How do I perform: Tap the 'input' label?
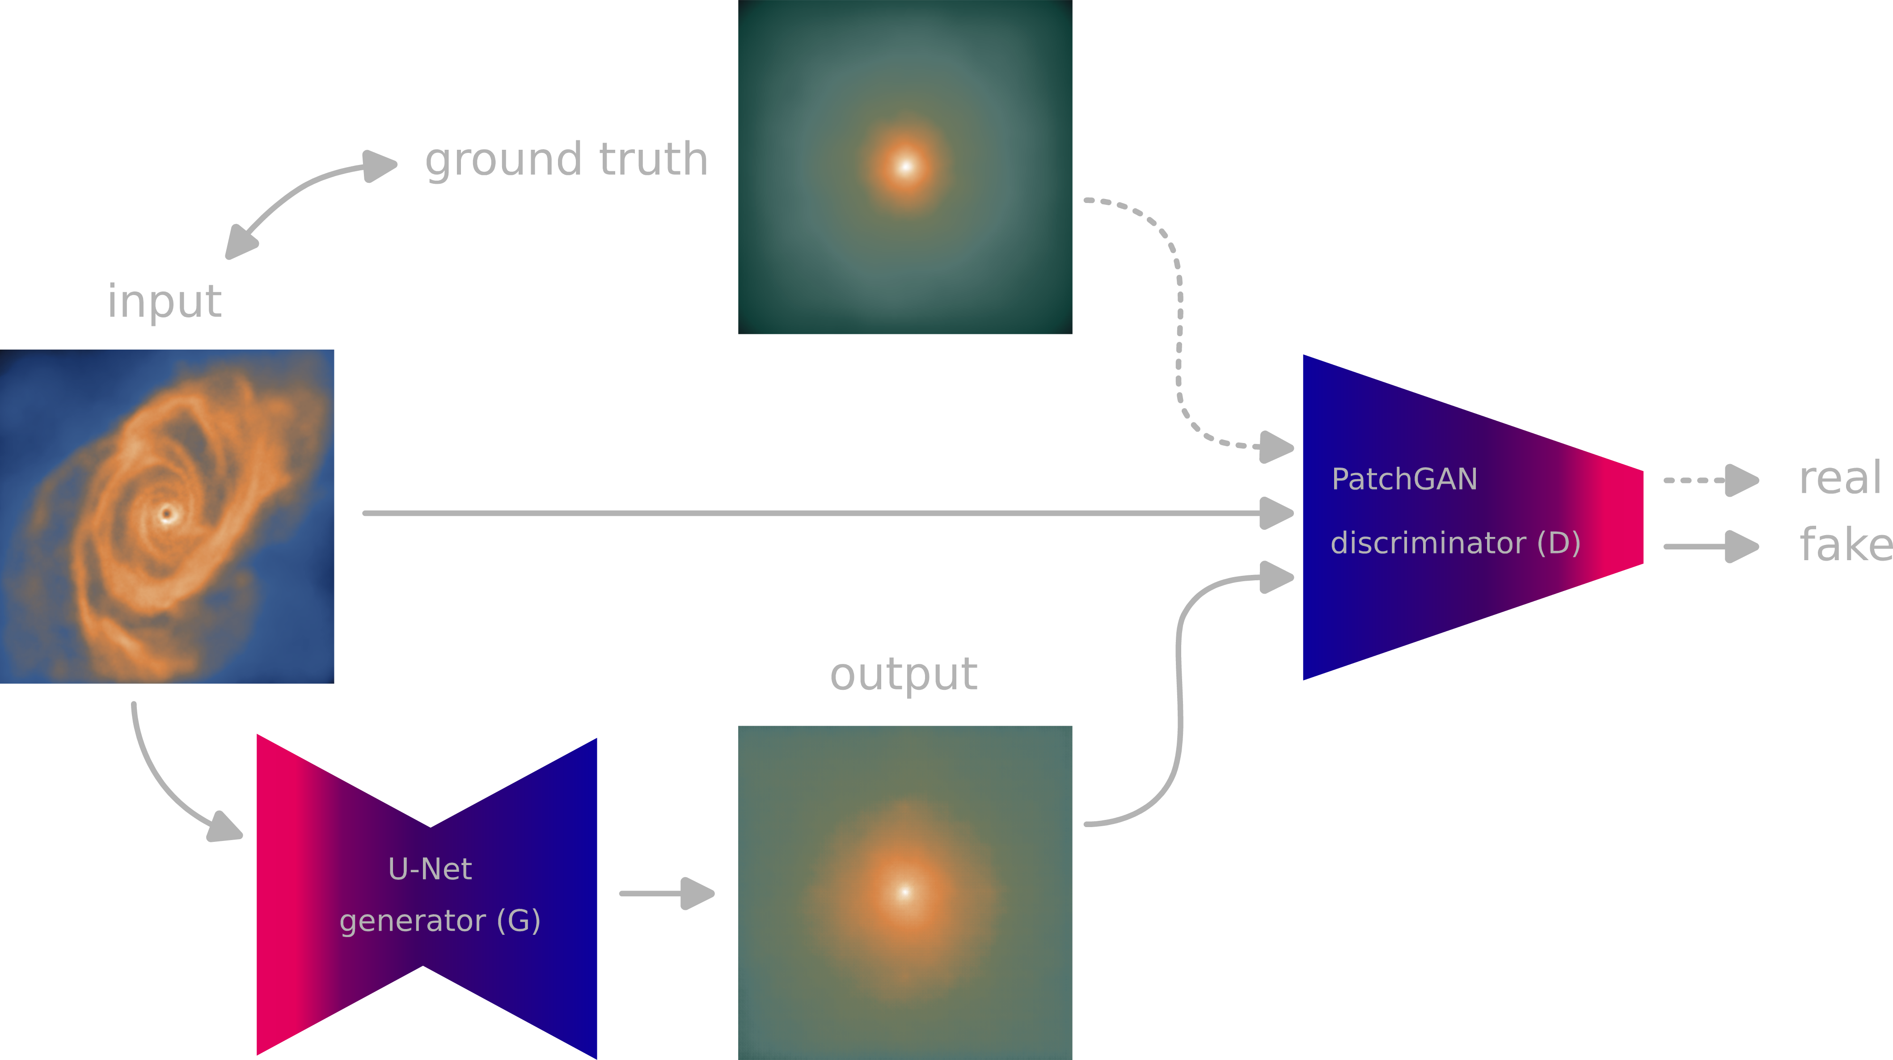click(x=165, y=301)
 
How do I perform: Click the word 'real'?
click(x=1840, y=478)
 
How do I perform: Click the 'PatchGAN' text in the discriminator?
click(x=1404, y=479)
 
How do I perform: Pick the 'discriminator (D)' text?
click(x=1455, y=543)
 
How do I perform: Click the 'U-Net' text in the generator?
click(x=430, y=869)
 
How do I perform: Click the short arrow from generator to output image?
click(x=667, y=893)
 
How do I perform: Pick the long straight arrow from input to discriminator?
click(x=828, y=513)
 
